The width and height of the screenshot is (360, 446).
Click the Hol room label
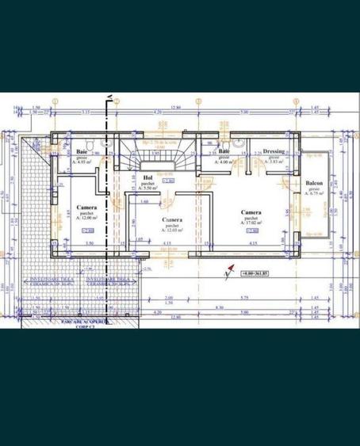click(x=147, y=178)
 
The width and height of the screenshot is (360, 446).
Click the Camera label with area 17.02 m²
click(x=253, y=213)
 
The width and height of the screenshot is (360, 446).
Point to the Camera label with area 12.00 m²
click(x=87, y=208)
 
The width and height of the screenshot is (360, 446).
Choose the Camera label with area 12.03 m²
click(x=172, y=219)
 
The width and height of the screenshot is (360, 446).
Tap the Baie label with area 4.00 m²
click(x=224, y=151)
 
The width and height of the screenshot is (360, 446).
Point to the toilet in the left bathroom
click(x=94, y=143)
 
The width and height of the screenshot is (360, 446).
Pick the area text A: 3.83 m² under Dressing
click(x=274, y=161)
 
